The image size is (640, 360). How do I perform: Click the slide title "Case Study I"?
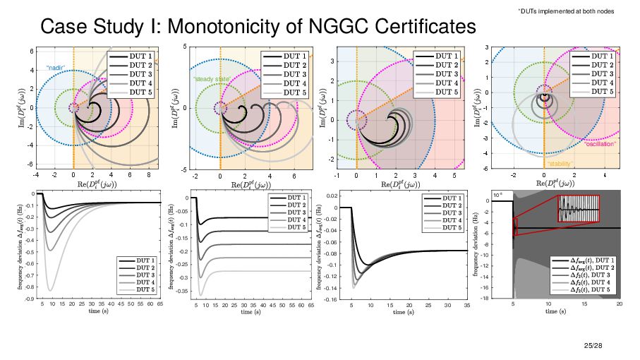258,27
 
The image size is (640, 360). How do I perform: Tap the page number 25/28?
594,345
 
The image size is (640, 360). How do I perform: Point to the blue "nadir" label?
56,68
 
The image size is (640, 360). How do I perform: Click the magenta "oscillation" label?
600,143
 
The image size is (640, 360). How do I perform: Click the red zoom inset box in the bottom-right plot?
579,209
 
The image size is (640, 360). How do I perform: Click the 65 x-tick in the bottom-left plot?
161,304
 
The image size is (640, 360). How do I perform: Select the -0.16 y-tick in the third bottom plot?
330,299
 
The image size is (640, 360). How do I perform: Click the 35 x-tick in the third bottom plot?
467,304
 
